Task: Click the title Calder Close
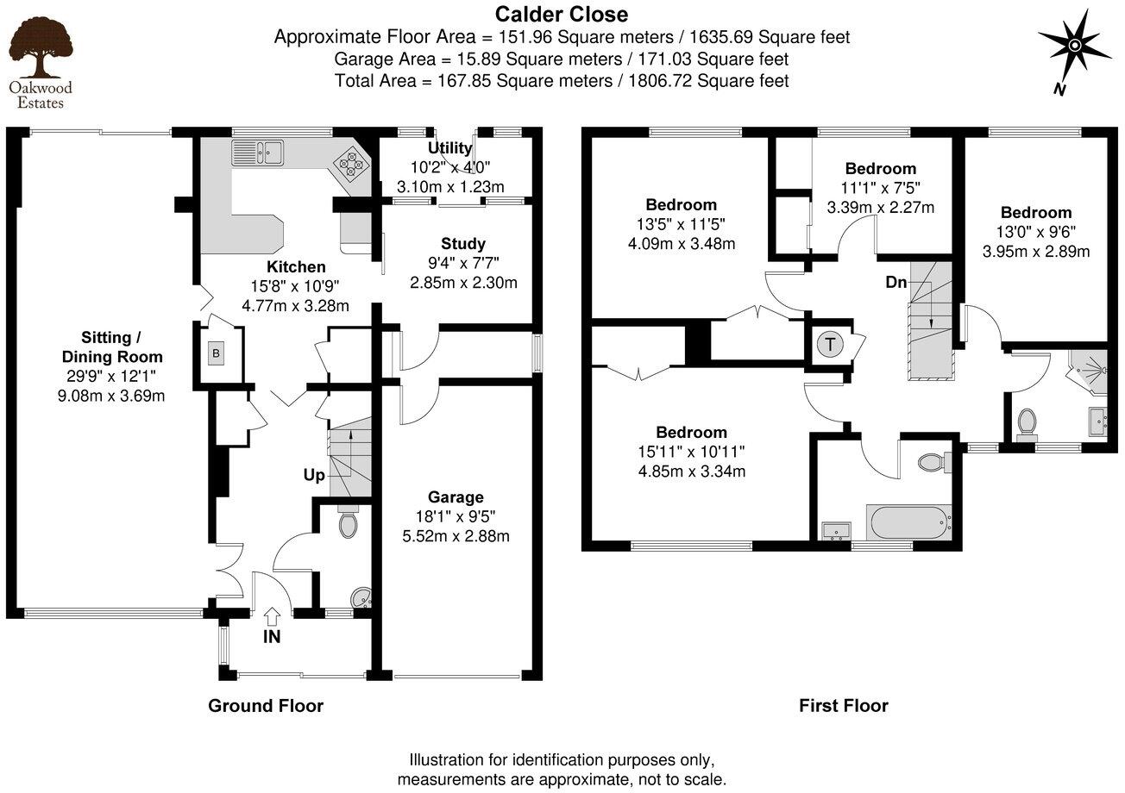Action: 561,14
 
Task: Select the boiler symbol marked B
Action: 217,353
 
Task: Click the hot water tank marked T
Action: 830,345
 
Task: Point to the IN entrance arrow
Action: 272,615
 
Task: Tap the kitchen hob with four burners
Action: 351,161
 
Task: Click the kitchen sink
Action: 257,153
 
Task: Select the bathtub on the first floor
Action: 908,522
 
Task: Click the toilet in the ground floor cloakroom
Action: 348,524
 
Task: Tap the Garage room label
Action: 456,497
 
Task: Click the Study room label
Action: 463,244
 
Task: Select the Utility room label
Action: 455,148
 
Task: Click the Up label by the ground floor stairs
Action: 314,475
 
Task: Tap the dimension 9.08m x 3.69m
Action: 110,396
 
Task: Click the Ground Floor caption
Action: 266,706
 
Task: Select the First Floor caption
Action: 843,706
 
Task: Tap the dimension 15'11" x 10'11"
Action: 691,452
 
